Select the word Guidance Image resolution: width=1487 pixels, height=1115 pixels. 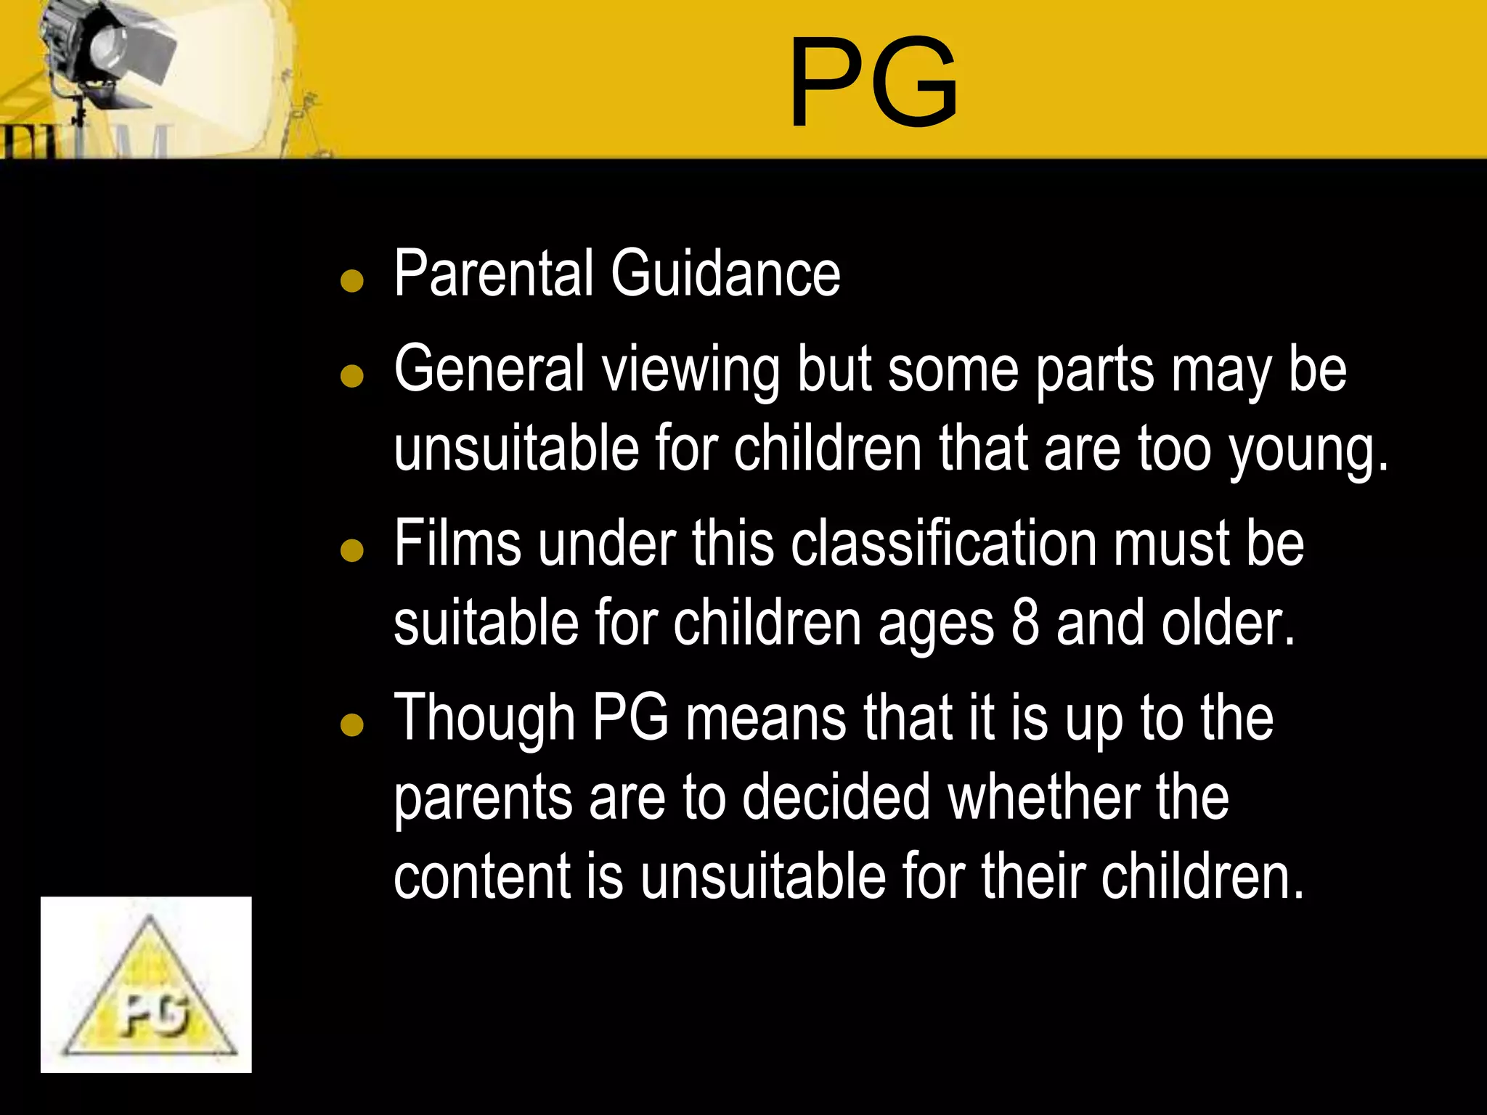click(x=725, y=274)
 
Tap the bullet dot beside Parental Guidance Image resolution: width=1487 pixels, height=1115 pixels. click(x=352, y=280)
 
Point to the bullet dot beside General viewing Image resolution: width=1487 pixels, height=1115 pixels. click(x=352, y=375)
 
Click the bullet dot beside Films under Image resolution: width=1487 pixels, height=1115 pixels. click(x=352, y=550)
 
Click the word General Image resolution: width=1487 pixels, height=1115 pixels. click(x=489, y=369)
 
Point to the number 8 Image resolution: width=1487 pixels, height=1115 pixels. click(x=1025, y=623)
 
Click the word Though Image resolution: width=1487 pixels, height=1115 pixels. click(x=484, y=719)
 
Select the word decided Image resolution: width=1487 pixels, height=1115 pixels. click(x=836, y=797)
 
